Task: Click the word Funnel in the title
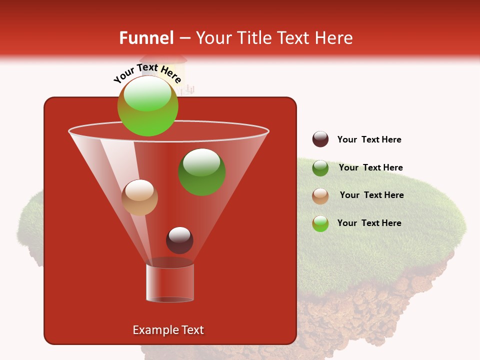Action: click(146, 38)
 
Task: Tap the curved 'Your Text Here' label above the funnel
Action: click(147, 73)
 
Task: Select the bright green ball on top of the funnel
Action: click(147, 106)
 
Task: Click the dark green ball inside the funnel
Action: click(202, 171)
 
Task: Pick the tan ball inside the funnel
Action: click(139, 197)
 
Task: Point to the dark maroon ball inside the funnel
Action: click(179, 240)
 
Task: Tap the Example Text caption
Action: click(168, 330)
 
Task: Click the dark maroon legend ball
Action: click(320, 139)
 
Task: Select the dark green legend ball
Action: click(320, 167)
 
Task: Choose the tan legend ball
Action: click(320, 195)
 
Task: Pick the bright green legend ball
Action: click(320, 223)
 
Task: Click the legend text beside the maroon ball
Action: click(369, 139)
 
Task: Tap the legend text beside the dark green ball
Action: click(370, 167)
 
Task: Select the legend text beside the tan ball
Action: click(371, 195)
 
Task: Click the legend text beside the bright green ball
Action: click(369, 223)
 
